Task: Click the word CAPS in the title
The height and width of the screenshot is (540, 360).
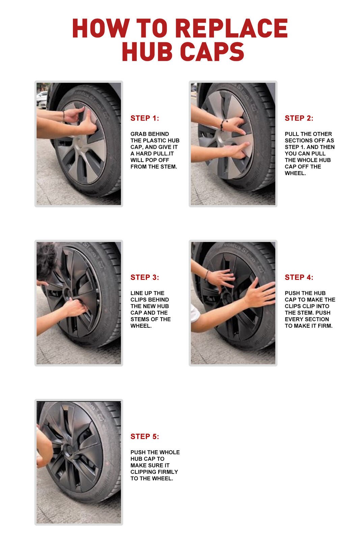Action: click(212, 52)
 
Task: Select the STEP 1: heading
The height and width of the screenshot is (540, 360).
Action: click(144, 118)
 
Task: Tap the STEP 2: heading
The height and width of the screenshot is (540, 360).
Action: click(299, 118)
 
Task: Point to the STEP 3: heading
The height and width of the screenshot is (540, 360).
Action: click(144, 277)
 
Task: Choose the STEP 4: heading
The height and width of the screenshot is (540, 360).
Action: click(299, 277)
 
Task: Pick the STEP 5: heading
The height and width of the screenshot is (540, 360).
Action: click(144, 437)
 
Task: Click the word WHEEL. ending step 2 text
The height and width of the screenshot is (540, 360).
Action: click(295, 173)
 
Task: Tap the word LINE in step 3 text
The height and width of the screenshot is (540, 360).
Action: click(137, 293)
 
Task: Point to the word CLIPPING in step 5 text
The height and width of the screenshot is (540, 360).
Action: click(142, 472)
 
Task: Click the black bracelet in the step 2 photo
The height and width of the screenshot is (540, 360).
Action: click(222, 125)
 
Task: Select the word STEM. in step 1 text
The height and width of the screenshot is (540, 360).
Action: click(169, 167)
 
